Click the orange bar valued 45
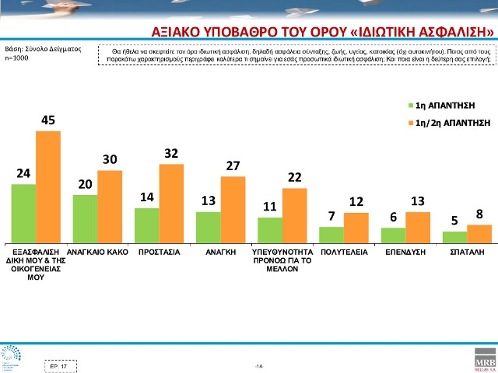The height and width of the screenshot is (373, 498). tap(47, 186)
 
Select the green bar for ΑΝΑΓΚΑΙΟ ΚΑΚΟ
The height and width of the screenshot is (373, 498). tap(85, 218)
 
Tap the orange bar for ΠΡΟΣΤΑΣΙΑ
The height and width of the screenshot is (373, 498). tap(171, 202)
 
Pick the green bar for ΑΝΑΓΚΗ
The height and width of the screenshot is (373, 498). tap(208, 225)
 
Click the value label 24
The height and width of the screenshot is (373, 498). tap(23, 173)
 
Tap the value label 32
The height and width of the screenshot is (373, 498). tap(171, 153)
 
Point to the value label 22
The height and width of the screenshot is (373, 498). tap(294, 177)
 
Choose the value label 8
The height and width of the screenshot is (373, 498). tap(479, 214)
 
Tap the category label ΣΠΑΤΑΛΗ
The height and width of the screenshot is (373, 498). tap(467, 253)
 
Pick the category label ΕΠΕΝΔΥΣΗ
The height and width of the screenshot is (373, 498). tap(405, 253)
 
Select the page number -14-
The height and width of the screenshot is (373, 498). tap(259, 365)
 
